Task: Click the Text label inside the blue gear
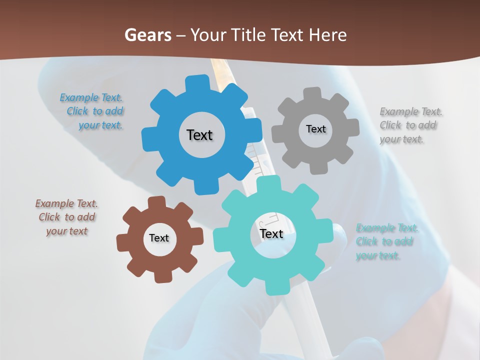[x=199, y=135]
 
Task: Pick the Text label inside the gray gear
[x=315, y=129]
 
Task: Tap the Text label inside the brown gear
[x=159, y=238]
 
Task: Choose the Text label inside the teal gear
[x=271, y=233]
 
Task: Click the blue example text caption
[x=93, y=111]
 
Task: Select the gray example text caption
[x=410, y=125]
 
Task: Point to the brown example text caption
[x=66, y=217]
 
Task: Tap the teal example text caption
[x=386, y=242]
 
